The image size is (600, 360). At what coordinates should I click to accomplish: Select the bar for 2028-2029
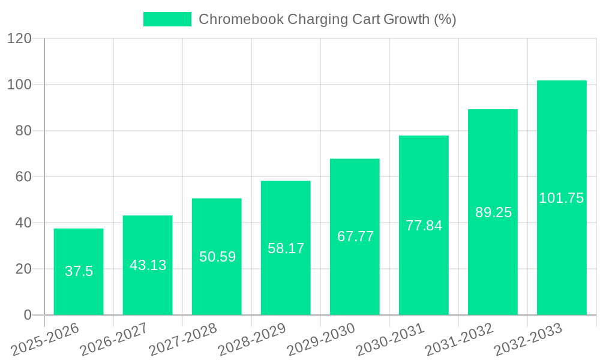[x=286, y=216]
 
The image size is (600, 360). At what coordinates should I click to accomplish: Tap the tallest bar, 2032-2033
[x=562, y=150]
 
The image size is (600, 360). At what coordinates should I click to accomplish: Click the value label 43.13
[x=148, y=265]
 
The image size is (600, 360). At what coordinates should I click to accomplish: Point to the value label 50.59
[x=217, y=257]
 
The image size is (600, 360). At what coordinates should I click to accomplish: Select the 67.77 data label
[x=355, y=236]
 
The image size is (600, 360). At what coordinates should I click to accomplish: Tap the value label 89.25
[x=493, y=212]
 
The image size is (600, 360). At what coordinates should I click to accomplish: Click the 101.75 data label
[x=562, y=198]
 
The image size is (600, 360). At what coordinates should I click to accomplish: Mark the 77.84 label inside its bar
[x=424, y=226]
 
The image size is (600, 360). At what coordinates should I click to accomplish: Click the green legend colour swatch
[x=167, y=19]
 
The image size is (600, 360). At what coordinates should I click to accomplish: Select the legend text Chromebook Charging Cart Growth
[x=327, y=19]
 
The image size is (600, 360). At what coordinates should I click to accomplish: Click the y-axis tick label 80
[x=22, y=131]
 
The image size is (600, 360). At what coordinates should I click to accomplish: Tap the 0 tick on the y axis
[x=27, y=315]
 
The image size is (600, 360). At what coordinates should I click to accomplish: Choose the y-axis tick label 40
[x=22, y=223]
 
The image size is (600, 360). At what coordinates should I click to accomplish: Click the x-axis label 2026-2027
[x=113, y=340]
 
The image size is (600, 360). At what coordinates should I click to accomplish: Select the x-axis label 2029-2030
[x=321, y=340]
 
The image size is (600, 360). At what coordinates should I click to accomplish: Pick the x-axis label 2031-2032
[x=459, y=340]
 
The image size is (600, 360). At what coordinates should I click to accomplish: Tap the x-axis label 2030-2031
[x=390, y=340]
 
